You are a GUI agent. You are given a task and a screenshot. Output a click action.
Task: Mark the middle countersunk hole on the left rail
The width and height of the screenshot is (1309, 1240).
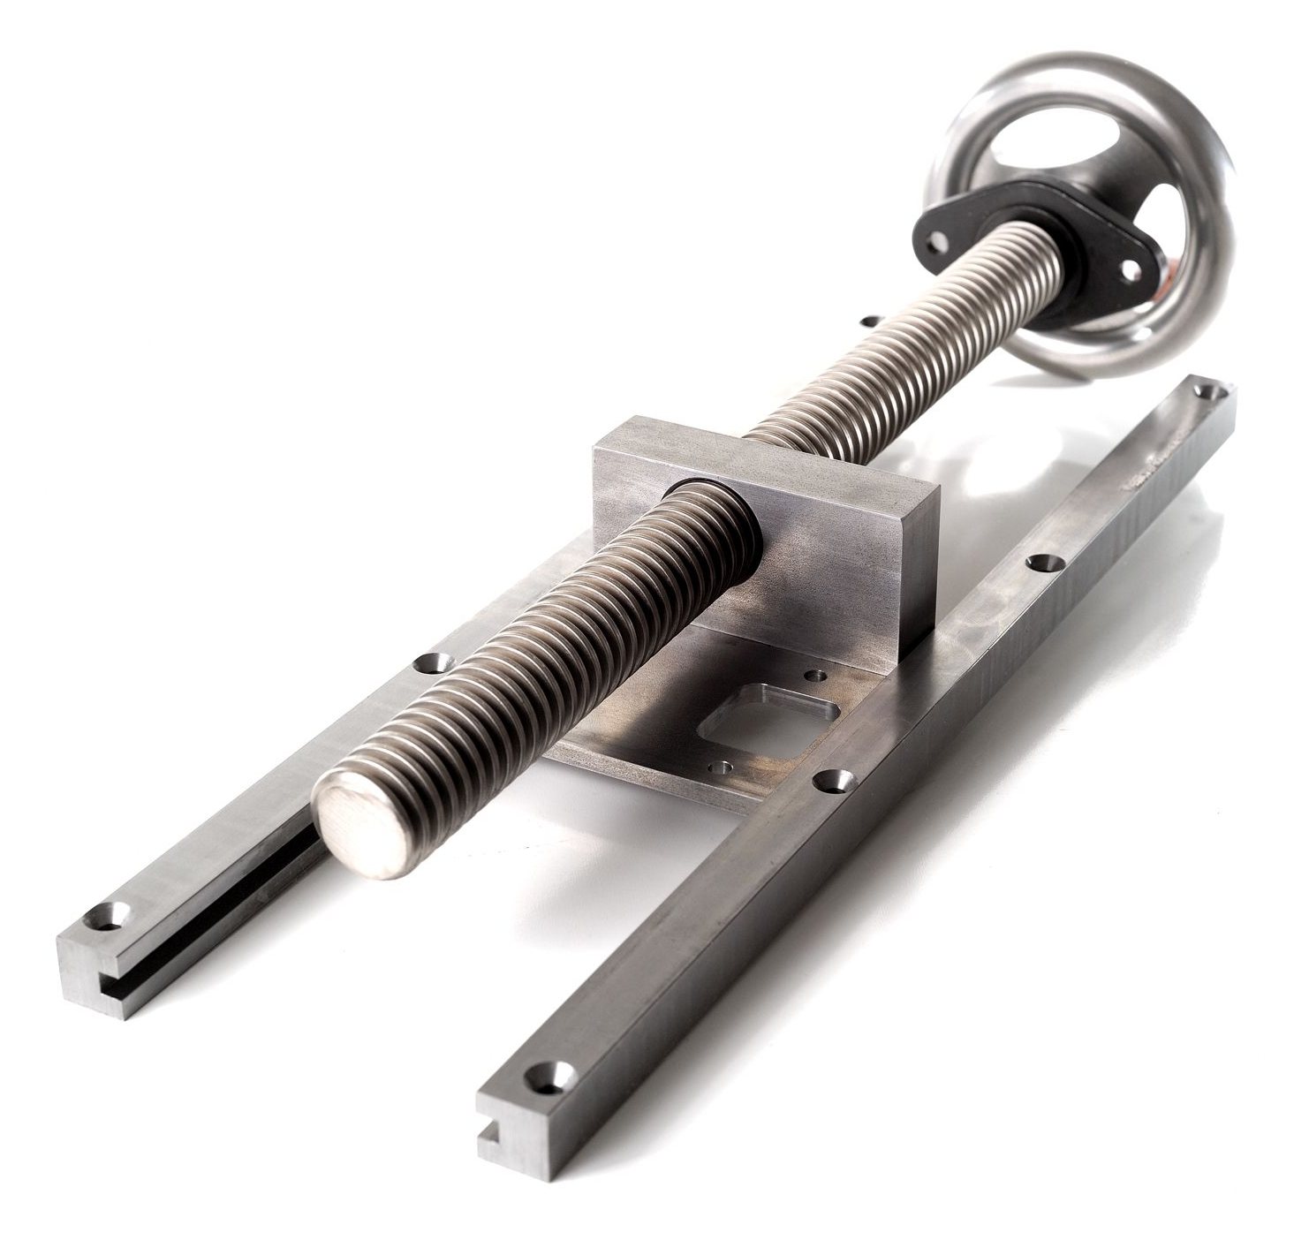pyautogui.click(x=432, y=661)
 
